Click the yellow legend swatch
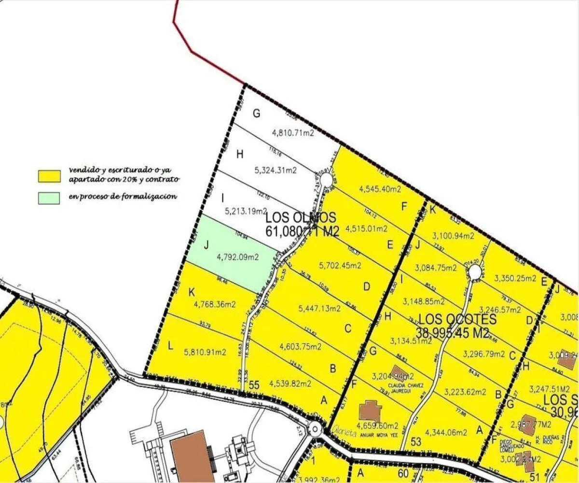(x=49, y=176)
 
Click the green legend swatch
(x=49, y=198)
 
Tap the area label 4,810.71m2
(x=293, y=132)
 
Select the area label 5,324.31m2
(x=275, y=170)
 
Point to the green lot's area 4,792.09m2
(x=238, y=257)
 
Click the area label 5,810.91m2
(x=205, y=352)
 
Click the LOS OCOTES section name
(x=457, y=319)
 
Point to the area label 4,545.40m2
(x=380, y=189)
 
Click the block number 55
(x=254, y=385)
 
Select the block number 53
(x=416, y=441)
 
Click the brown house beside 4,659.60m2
(x=371, y=411)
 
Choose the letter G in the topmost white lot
(x=256, y=114)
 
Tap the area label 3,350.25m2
(x=515, y=278)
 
